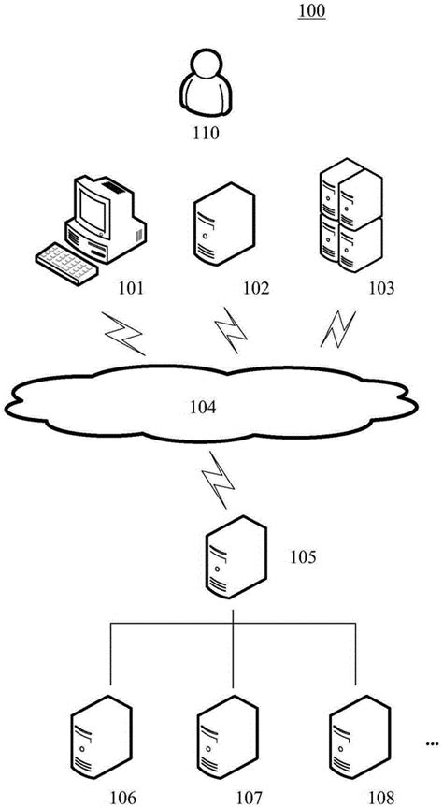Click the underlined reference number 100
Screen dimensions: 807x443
click(x=311, y=12)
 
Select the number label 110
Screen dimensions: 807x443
click(x=205, y=133)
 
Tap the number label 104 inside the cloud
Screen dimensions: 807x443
click(x=203, y=407)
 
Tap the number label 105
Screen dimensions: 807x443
click(x=301, y=558)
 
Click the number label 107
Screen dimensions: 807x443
click(x=248, y=798)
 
